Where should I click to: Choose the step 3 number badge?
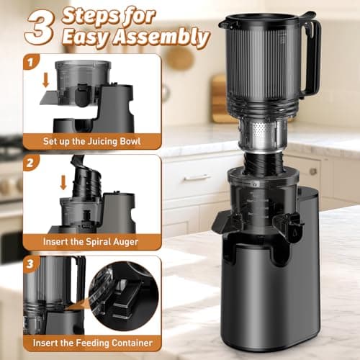coord(31,264)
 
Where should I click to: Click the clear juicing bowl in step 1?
coord(83,79)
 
